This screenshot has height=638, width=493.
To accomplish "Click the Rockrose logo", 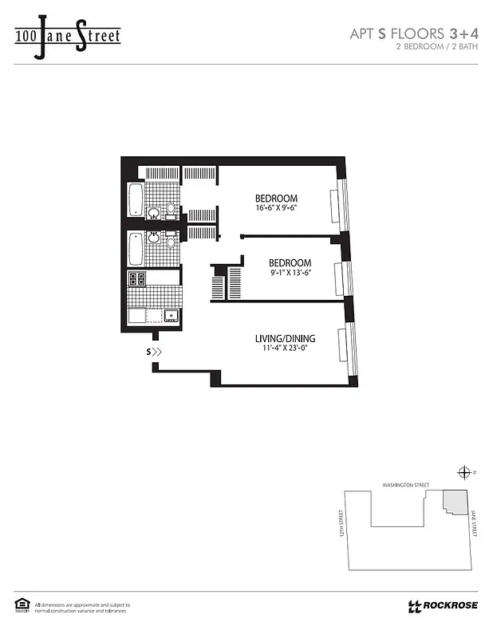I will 443,605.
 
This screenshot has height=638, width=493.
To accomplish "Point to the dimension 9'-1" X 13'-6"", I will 289,273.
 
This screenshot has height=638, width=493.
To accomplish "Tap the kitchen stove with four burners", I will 137,279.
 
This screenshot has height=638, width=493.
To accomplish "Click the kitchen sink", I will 172,315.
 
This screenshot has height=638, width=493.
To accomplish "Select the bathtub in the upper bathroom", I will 136,199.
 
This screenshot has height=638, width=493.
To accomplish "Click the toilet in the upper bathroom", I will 169,211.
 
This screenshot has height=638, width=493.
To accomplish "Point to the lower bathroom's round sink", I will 152,237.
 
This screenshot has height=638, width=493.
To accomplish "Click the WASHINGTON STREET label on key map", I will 405,485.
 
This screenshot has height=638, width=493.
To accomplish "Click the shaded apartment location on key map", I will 454,502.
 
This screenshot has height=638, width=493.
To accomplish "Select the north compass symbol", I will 464,472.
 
